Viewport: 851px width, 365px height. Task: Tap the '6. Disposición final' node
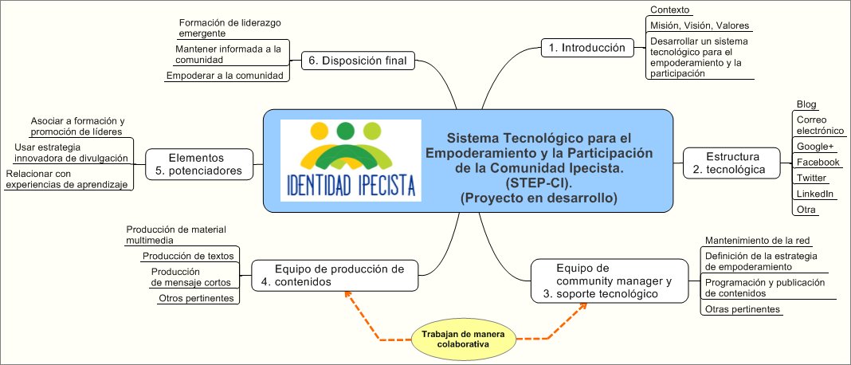click(357, 61)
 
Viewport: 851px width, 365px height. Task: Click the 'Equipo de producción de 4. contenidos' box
click(334, 275)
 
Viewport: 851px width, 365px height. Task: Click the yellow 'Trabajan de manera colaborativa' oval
click(463, 339)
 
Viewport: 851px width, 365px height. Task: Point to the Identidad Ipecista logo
click(351, 160)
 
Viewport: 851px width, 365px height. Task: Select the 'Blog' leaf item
click(807, 105)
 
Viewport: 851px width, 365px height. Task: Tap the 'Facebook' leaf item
click(818, 162)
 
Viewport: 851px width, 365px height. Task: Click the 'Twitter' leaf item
click(811, 178)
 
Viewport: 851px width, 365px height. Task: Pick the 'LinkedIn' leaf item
click(815, 194)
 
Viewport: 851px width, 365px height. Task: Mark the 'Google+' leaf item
click(814, 146)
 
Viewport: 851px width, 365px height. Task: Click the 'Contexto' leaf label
click(670, 10)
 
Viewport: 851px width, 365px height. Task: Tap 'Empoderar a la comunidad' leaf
click(225, 76)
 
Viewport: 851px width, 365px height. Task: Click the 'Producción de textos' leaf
click(188, 256)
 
